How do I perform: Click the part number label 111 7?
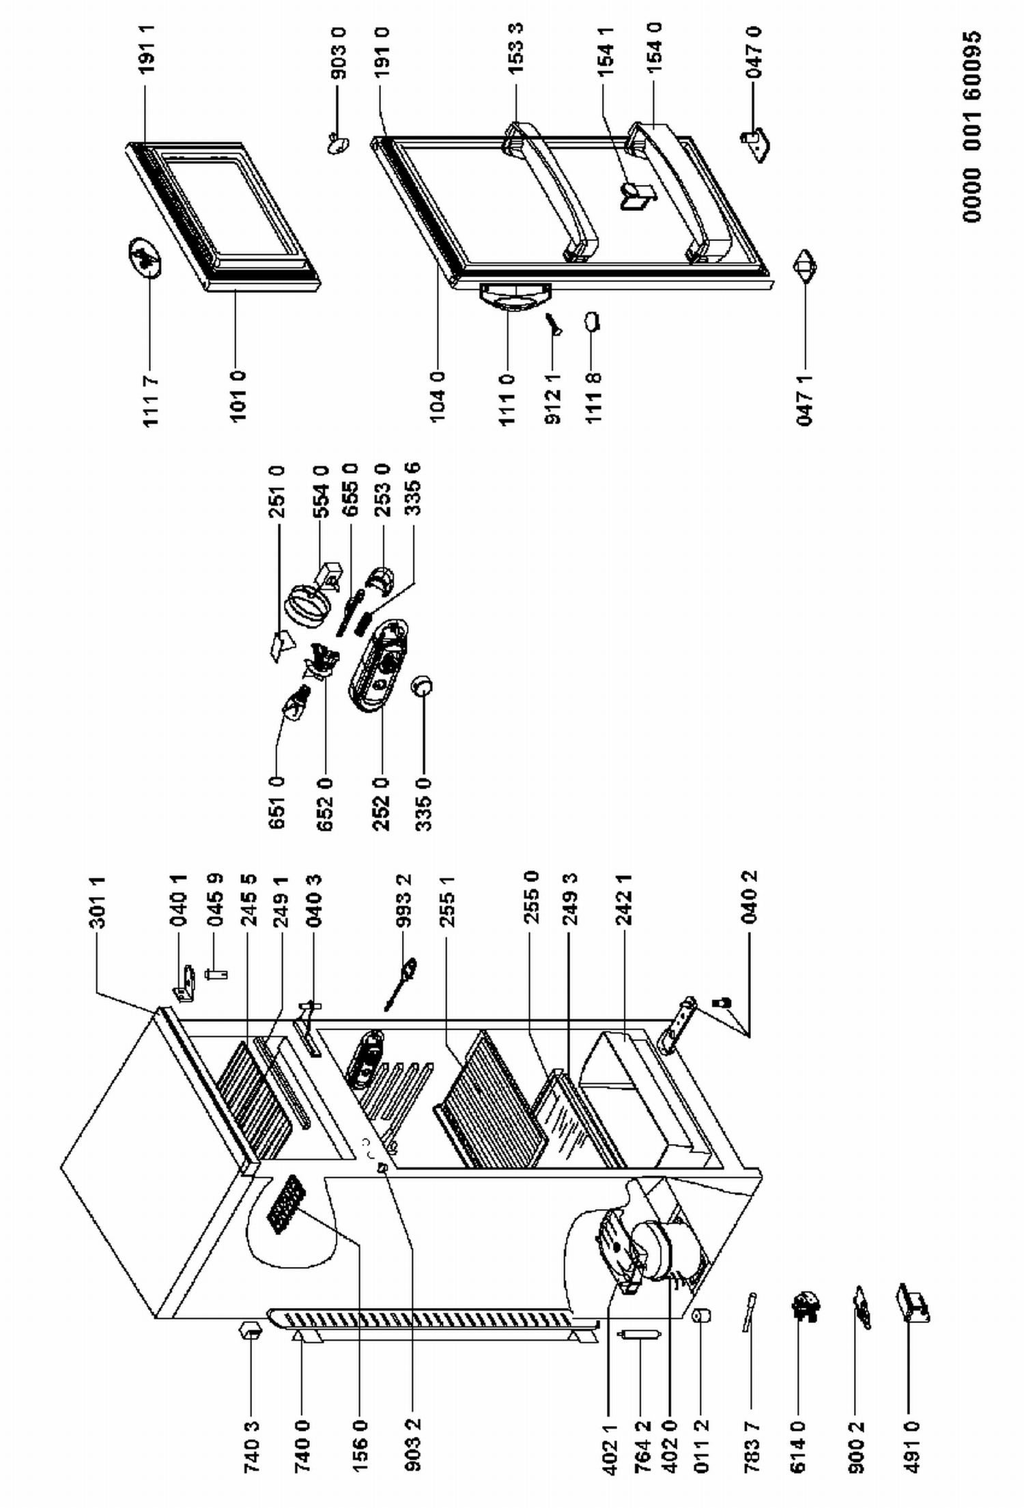[151, 401]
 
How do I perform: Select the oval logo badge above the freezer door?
[145, 258]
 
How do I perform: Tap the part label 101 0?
[238, 397]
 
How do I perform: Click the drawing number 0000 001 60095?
[973, 126]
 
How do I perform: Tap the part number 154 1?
[606, 51]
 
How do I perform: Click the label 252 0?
[382, 805]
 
